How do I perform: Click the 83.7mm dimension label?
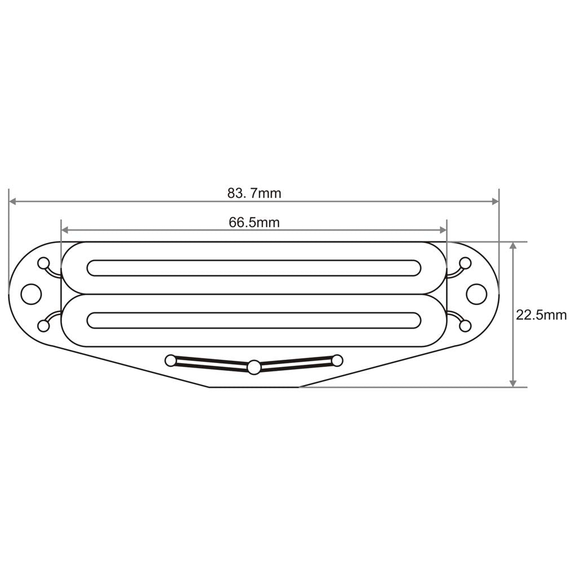[x=254, y=193]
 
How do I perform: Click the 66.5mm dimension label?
[x=254, y=222]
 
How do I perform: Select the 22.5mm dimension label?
[x=541, y=315]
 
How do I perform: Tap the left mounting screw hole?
[x=31, y=294]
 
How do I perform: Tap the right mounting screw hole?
[x=476, y=294]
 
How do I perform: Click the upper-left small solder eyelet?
[x=43, y=263]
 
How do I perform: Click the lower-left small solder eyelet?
[x=43, y=325]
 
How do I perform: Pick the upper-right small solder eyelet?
[x=465, y=263]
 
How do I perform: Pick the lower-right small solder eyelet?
[x=465, y=325]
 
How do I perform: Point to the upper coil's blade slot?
[x=254, y=268]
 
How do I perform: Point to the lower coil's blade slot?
[x=254, y=320]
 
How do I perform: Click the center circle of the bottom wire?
[x=254, y=368]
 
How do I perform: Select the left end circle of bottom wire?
[x=170, y=360]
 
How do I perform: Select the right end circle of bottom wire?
[x=337, y=360]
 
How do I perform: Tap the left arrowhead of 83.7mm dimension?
[x=12, y=201]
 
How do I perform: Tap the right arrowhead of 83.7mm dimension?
[x=496, y=201]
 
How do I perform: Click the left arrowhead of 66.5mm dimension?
[x=65, y=230]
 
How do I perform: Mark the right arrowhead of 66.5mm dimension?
[x=443, y=230]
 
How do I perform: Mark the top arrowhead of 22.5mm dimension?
[x=512, y=246]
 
